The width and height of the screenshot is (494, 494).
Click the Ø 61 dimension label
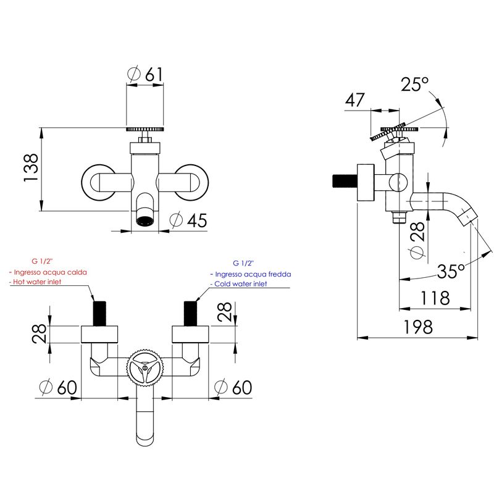[x=145, y=74]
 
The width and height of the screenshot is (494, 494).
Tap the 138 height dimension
[x=31, y=167]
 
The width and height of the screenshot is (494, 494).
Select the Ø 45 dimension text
[x=188, y=220]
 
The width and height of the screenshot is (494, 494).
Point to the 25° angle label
[x=414, y=84]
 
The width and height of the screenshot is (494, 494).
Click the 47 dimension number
[x=355, y=100]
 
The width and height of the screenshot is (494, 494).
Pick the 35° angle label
[x=451, y=270]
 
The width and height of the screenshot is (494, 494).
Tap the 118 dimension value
[x=435, y=298]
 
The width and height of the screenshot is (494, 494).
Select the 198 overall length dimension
[x=418, y=327]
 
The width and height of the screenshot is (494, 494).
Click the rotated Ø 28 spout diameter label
[x=417, y=240]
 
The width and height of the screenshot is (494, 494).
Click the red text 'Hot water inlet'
[x=37, y=282]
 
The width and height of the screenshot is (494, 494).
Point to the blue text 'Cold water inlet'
[x=240, y=284]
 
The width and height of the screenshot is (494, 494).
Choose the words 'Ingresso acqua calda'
[x=51, y=272]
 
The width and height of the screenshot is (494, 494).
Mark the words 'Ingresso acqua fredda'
[x=253, y=274]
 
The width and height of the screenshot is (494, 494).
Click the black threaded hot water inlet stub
[x=99, y=313]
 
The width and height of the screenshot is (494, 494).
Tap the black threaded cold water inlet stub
[x=190, y=313]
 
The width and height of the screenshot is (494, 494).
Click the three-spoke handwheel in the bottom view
[x=145, y=367]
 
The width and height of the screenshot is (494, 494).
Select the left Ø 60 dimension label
[x=58, y=387]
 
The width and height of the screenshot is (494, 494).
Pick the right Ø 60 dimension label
[x=233, y=387]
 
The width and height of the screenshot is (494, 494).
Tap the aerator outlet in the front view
[x=145, y=220]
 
